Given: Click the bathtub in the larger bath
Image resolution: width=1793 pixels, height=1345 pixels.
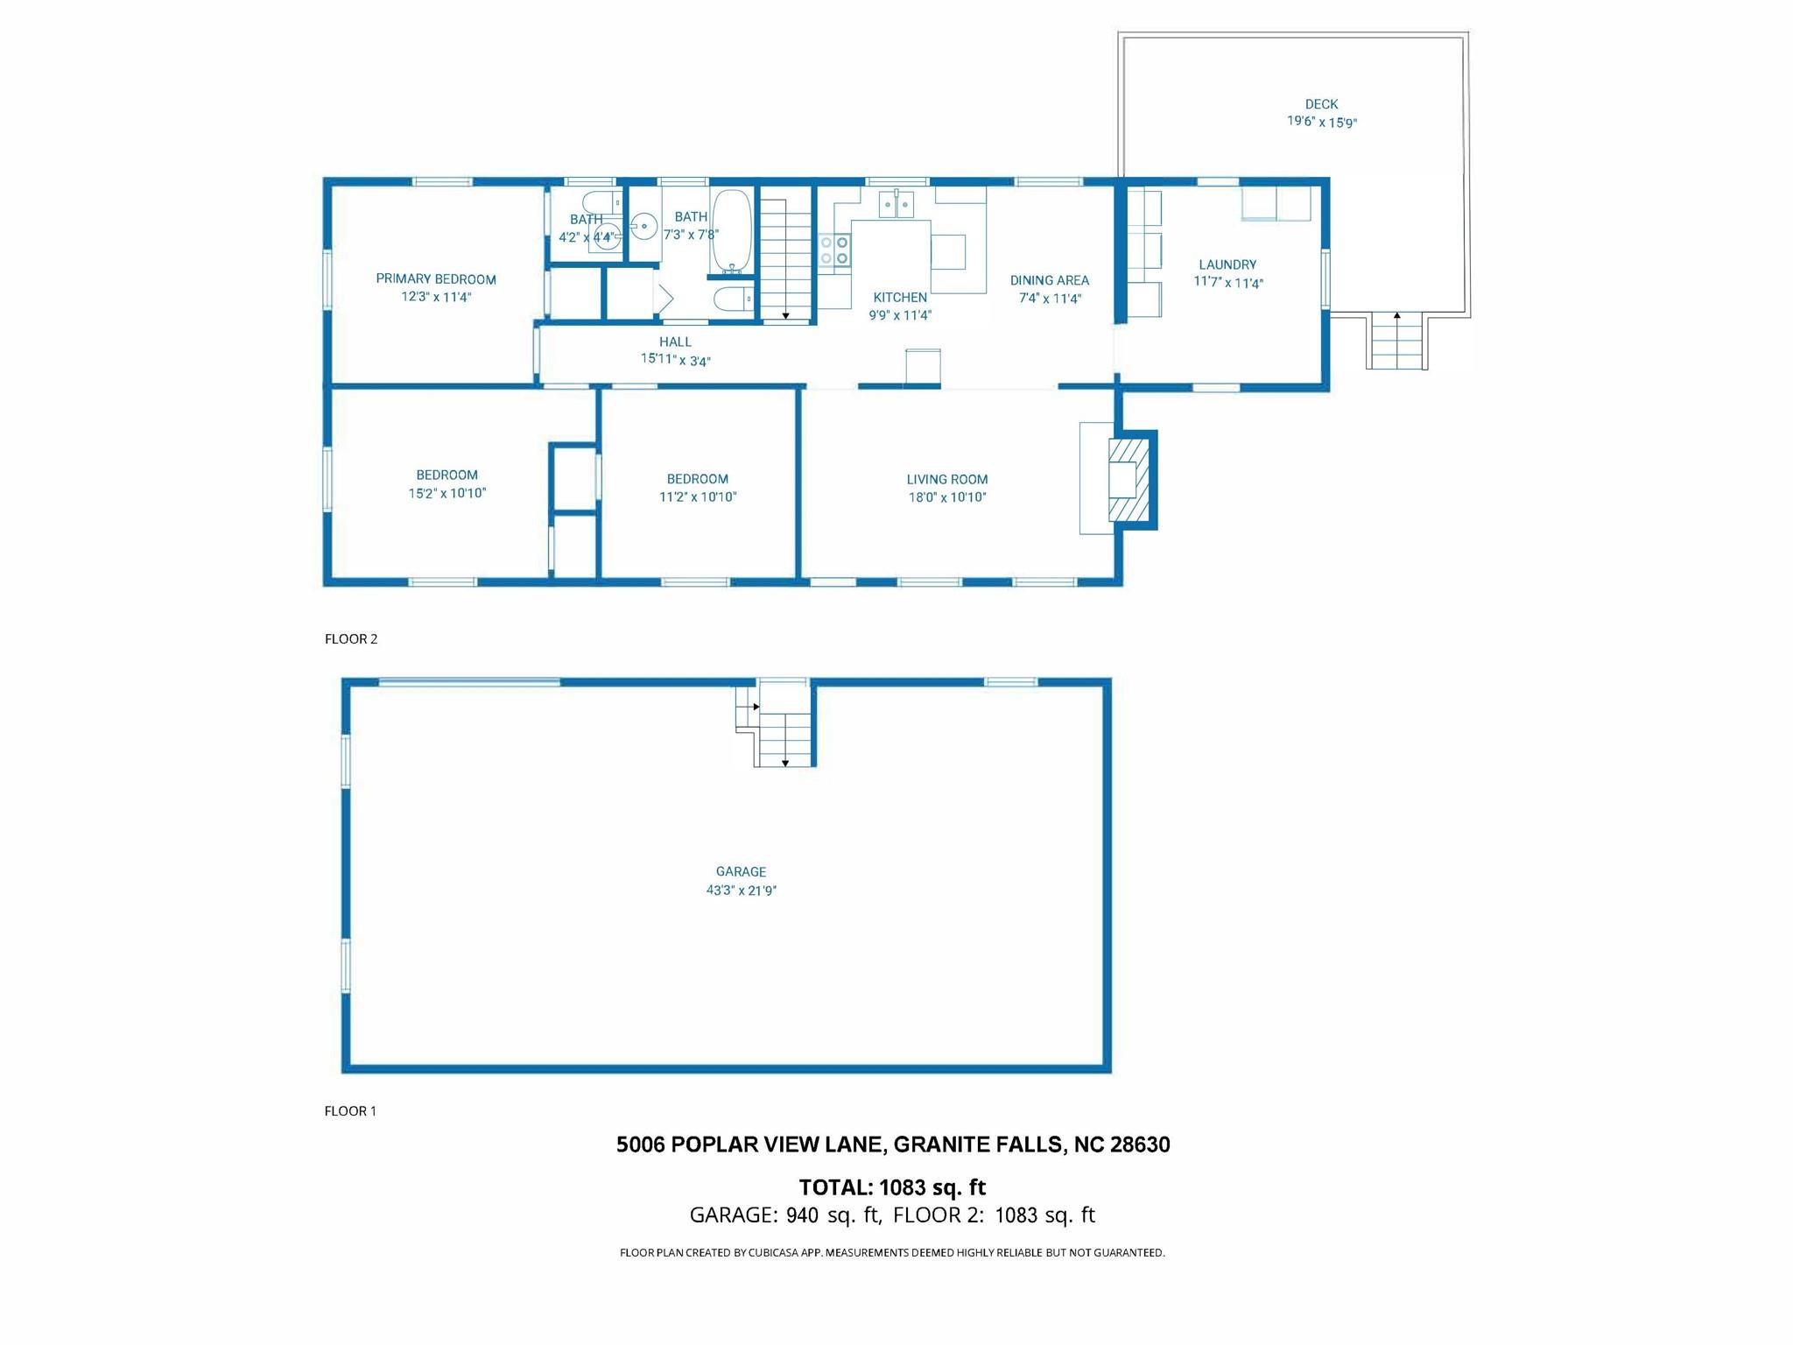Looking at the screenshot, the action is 731,230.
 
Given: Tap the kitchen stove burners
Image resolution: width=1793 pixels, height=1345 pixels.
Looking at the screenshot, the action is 834,250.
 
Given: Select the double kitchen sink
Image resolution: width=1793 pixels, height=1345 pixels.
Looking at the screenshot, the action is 896,204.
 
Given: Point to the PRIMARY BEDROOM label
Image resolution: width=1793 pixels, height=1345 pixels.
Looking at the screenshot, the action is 436,279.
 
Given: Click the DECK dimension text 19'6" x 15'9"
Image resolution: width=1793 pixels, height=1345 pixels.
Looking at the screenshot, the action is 1321,123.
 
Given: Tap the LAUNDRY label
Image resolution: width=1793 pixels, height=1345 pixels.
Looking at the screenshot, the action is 1227,264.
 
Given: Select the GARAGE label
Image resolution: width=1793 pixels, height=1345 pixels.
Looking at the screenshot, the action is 741,871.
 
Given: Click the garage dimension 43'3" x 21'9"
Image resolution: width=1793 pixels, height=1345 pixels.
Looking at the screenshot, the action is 742,891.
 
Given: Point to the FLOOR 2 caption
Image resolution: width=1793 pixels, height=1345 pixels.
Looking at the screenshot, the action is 351,639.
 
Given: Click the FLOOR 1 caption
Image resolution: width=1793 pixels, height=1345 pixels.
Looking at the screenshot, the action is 350,1111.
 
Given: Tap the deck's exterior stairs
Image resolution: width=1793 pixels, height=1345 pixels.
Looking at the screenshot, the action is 1397,341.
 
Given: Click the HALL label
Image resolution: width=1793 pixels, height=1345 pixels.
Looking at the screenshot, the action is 675,342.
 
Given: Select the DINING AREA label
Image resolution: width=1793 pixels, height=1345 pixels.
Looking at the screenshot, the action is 1050,280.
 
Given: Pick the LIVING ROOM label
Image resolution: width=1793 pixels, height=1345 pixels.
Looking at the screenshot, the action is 947,480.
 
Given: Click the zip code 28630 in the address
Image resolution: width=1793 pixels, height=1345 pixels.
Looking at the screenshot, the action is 1140,1144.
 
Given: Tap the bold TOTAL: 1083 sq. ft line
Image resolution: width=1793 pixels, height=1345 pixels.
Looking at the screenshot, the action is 892,1187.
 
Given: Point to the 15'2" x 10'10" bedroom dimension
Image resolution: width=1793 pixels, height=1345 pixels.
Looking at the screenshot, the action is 447,494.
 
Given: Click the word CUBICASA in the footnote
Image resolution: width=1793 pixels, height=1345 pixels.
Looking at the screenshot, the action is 771,1253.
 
